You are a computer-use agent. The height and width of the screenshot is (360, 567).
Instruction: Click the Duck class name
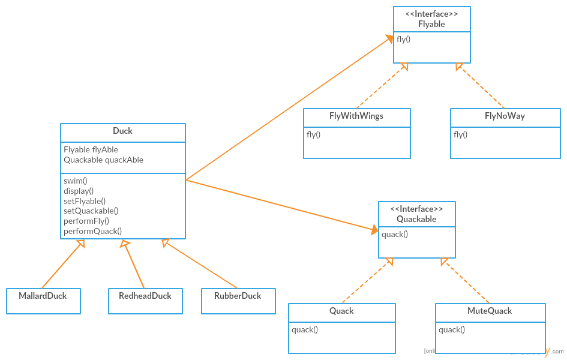coord(122,131)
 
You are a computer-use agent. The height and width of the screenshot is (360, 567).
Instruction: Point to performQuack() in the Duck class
coord(92,231)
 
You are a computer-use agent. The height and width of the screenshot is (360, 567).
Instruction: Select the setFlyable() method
coord(85,201)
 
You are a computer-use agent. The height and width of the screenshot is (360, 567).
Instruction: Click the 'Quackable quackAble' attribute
coord(103,160)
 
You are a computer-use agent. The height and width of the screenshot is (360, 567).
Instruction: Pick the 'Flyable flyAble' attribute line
coord(91,149)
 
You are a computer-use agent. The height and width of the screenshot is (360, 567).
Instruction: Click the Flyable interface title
coord(431,24)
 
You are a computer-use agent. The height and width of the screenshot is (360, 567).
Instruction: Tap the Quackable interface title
coord(416,219)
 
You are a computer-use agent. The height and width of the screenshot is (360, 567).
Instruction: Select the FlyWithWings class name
coord(356,116)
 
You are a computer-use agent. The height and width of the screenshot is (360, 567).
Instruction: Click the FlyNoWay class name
coord(505,116)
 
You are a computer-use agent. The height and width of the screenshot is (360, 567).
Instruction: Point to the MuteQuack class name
coord(490,311)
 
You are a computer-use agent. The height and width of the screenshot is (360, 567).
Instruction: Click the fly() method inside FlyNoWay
coord(460,134)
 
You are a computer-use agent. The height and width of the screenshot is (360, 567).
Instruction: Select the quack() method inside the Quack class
coord(305,329)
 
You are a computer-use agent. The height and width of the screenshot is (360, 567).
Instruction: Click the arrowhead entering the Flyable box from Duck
coord(389,39)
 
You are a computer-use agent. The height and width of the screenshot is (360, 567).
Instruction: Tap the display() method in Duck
coord(79,191)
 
